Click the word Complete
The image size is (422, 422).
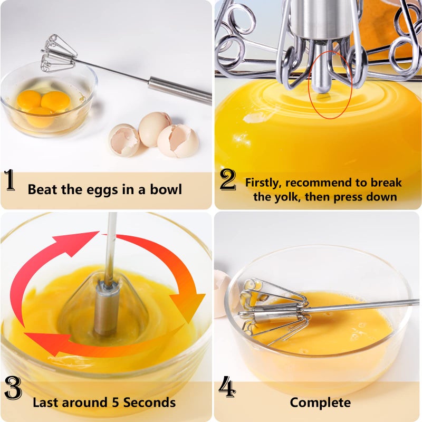[x=320, y=402]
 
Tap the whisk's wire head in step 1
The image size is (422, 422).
[x=58, y=54]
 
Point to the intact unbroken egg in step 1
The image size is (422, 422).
[x=154, y=128]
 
